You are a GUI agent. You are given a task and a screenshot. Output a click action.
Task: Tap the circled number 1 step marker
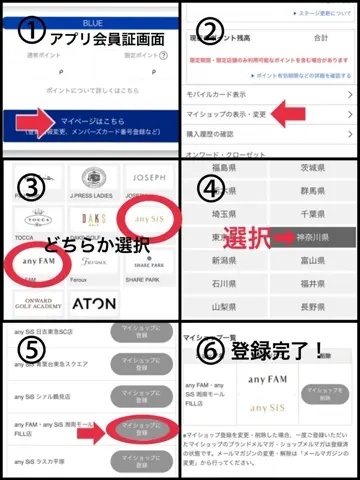coord(27,29)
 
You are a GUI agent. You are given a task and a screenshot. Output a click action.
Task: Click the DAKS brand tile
coord(92,218)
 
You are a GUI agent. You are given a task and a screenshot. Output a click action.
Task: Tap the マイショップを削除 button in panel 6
coord(324,389)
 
